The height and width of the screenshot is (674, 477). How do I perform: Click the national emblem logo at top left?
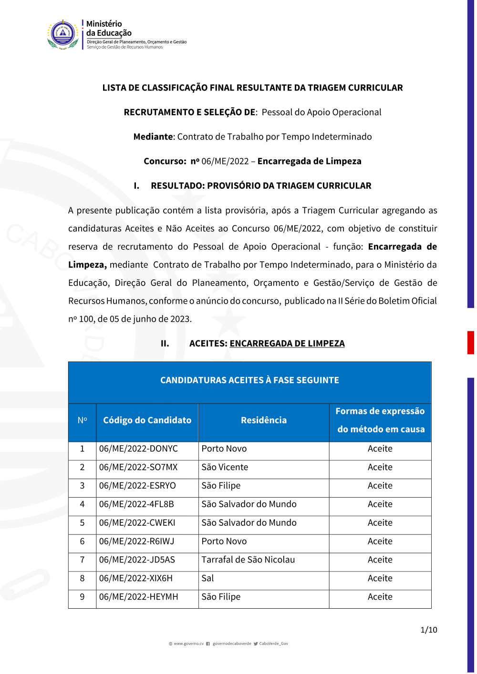63,34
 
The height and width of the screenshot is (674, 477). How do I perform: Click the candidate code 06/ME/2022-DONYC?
138,449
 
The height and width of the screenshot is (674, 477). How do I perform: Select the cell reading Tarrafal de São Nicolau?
248,560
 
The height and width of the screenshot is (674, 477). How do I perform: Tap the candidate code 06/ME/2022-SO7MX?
138,468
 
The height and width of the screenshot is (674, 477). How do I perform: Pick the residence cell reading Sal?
208,579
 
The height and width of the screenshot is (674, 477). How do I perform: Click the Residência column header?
264,420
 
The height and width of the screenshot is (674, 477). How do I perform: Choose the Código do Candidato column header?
147,420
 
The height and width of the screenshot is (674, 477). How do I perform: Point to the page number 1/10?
428,630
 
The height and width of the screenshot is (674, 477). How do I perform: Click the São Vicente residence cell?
225,468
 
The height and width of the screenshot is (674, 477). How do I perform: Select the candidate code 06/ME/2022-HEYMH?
138,597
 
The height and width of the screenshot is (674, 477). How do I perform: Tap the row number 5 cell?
82,523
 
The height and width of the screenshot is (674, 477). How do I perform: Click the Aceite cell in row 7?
380,560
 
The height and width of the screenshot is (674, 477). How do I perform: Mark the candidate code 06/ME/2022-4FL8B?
136,504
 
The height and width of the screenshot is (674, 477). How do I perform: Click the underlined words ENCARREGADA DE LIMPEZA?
287,344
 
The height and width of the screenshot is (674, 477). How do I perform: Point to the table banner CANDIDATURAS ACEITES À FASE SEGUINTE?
249,380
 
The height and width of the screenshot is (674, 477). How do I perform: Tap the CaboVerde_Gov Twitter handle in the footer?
273,644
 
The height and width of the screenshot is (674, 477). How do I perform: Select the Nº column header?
82,420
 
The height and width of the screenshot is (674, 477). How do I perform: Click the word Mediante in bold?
153,137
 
